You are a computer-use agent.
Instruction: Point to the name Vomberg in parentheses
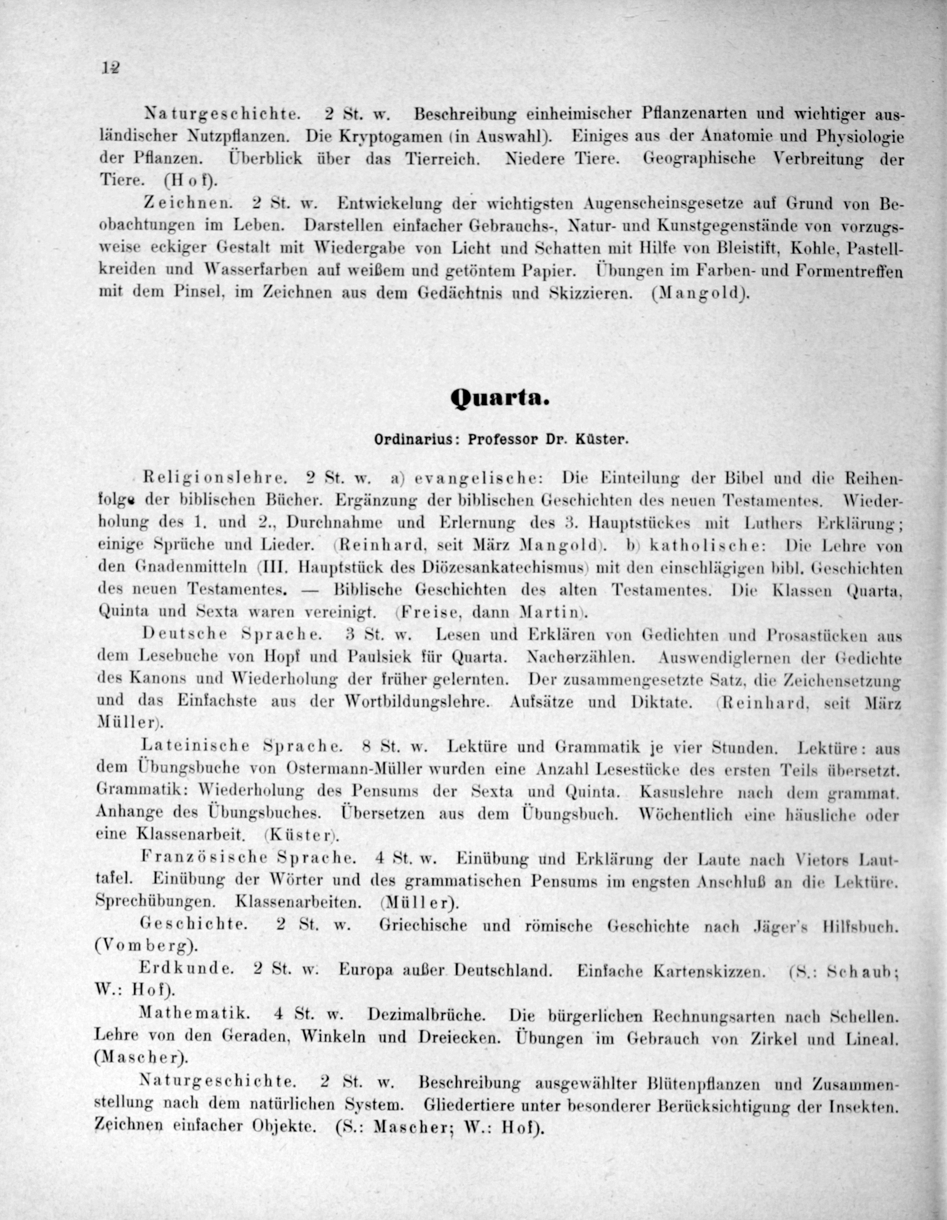point(146,946)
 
